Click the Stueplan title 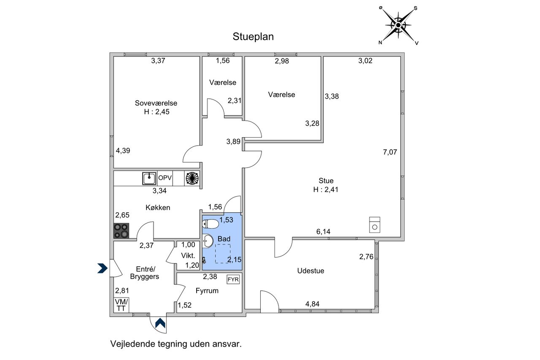point(253,37)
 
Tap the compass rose point(398,25)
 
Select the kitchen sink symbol point(149,178)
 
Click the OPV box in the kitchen point(165,178)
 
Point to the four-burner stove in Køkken point(122,230)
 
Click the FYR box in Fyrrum point(233,279)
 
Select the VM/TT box point(121,305)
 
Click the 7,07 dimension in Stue point(390,152)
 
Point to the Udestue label point(310,271)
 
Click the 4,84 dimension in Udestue point(312,304)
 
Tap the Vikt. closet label point(188,255)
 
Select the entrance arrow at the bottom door point(160,323)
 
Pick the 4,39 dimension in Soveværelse point(123,150)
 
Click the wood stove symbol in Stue point(374,225)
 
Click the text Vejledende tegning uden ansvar point(176,344)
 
